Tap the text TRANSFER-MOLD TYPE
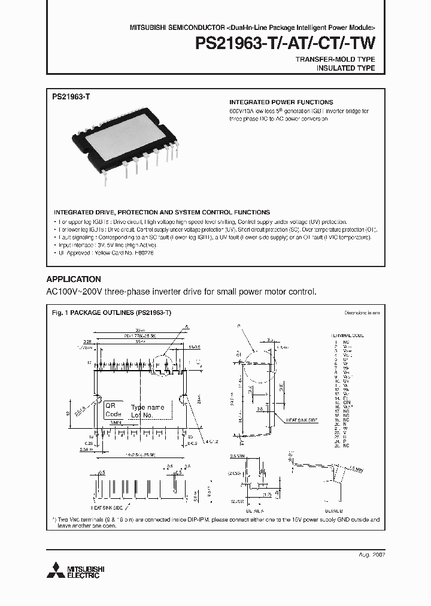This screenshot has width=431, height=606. tap(335, 59)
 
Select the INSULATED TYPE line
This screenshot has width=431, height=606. tap(345, 68)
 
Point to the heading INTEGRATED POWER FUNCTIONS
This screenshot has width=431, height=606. tap(281, 102)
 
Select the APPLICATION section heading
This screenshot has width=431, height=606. tap(74, 279)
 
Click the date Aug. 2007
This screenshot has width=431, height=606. tap(371, 555)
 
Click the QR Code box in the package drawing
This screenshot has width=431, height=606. tap(113, 410)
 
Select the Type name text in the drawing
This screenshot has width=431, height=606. tap(147, 407)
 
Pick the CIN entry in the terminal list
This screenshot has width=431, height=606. tap(347, 402)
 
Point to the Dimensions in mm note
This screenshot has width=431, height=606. tap(361, 313)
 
